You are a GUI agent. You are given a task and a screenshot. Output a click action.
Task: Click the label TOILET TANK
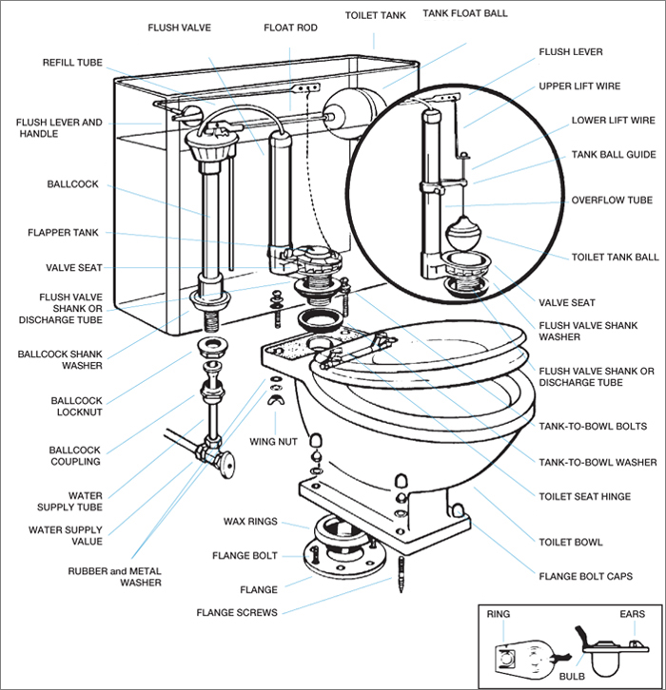[375, 14]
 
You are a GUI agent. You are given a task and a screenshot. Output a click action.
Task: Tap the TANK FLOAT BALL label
[466, 14]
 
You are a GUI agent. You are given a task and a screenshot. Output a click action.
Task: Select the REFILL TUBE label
[72, 62]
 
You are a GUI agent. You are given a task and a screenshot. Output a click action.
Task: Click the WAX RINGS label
[248, 522]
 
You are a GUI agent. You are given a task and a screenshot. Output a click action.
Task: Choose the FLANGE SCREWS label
[237, 613]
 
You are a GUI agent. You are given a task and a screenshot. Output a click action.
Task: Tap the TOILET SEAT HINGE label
[584, 496]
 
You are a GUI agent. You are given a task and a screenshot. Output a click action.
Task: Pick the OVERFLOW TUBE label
[612, 201]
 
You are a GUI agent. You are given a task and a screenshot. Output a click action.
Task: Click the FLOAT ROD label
[291, 28]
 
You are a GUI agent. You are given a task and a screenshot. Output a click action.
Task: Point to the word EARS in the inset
[631, 614]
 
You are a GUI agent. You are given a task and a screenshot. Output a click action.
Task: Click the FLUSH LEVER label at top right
[571, 51]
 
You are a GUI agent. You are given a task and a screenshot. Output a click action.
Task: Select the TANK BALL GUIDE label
[613, 154]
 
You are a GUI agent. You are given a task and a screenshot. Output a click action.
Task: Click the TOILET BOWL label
[571, 542]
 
